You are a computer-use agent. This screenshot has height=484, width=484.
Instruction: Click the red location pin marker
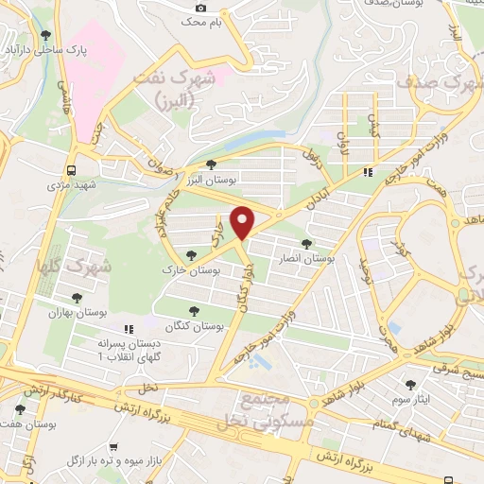tap(243, 220)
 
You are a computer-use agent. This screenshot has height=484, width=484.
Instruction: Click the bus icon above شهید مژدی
tap(72, 170)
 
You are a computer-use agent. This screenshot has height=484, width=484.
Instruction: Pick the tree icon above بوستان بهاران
tap(77, 297)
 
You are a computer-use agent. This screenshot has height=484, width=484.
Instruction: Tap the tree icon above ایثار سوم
tap(409, 385)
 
